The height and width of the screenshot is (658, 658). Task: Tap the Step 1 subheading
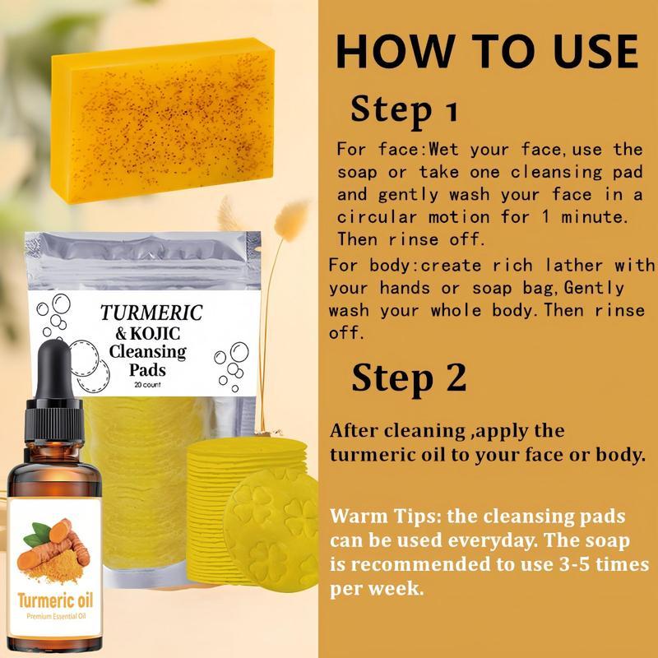(x=404, y=109)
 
